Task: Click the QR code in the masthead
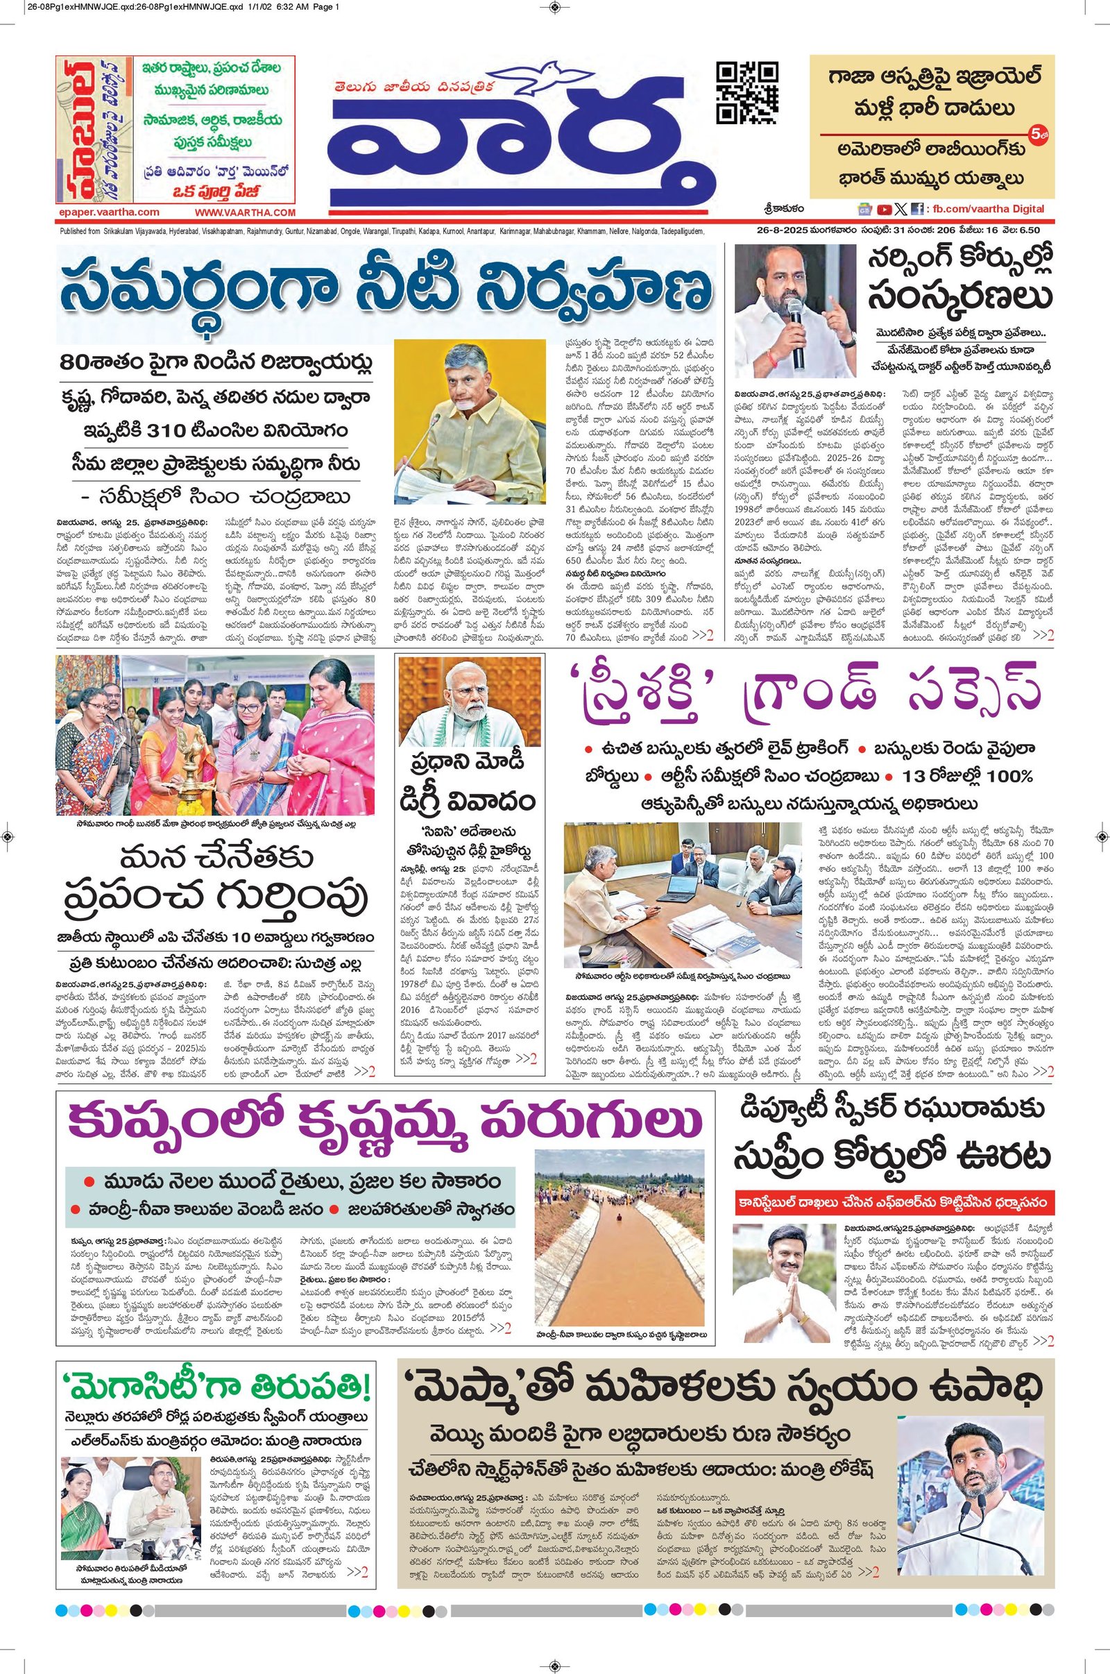748,94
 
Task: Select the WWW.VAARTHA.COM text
245,212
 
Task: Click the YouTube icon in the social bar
884,209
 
